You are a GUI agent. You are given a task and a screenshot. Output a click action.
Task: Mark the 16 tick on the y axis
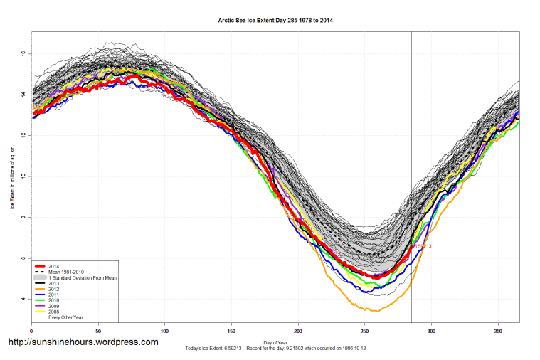tap(23, 53)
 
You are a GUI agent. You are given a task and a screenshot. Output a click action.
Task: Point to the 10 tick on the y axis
tap(23, 176)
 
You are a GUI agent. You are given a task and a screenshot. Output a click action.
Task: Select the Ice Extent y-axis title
tap(12, 176)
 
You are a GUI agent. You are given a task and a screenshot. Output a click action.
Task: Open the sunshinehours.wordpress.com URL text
tap(83, 342)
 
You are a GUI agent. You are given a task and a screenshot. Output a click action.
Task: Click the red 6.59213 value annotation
tap(422, 246)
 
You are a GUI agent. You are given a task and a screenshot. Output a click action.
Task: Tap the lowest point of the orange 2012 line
tap(378, 311)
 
